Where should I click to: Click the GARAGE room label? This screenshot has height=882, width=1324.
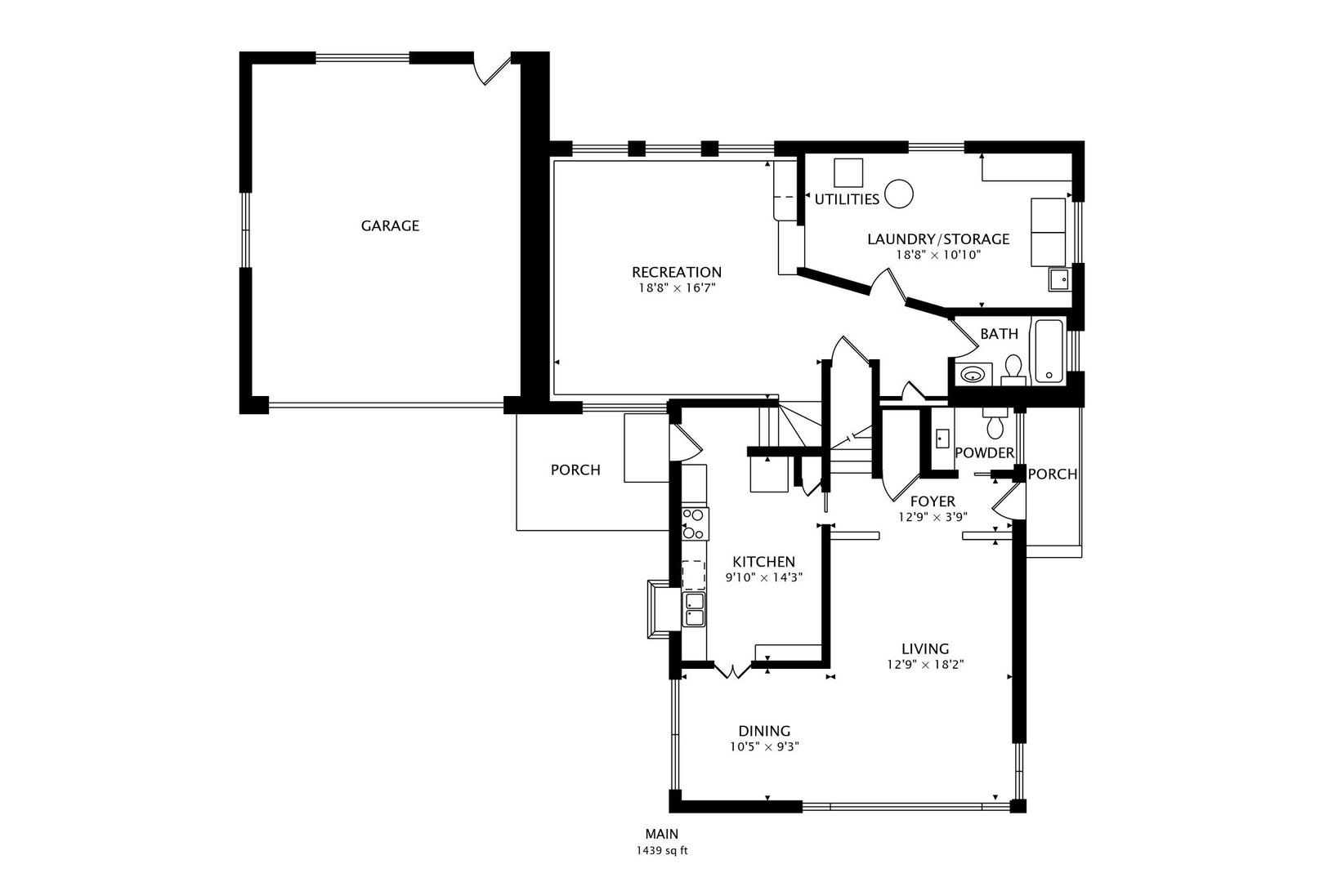click(390, 225)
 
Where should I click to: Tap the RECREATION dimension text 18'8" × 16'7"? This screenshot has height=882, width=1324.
click(676, 287)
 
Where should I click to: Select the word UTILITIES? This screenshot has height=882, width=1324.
click(847, 199)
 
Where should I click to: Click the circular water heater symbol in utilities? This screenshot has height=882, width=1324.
click(899, 194)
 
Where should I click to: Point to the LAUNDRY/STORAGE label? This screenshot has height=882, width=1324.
click(937, 239)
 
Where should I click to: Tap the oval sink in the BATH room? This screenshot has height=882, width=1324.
click(973, 375)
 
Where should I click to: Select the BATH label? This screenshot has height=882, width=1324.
click(999, 334)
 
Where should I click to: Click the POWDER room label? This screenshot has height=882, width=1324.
click(984, 453)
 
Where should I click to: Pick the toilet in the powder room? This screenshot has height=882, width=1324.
click(995, 425)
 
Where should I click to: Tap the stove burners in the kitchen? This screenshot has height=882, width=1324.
click(694, 523)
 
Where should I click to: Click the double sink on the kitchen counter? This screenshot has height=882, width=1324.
click(694, 610)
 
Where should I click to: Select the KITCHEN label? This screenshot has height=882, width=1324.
click(763, 562)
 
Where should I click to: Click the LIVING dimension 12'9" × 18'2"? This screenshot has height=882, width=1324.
click(925, 664)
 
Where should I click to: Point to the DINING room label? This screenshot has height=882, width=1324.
click(764, 731)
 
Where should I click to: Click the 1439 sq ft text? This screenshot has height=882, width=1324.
click(662, 850)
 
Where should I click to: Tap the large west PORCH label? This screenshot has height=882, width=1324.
click(575, 470)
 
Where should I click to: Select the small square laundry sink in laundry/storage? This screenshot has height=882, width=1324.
click(1059, 279)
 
